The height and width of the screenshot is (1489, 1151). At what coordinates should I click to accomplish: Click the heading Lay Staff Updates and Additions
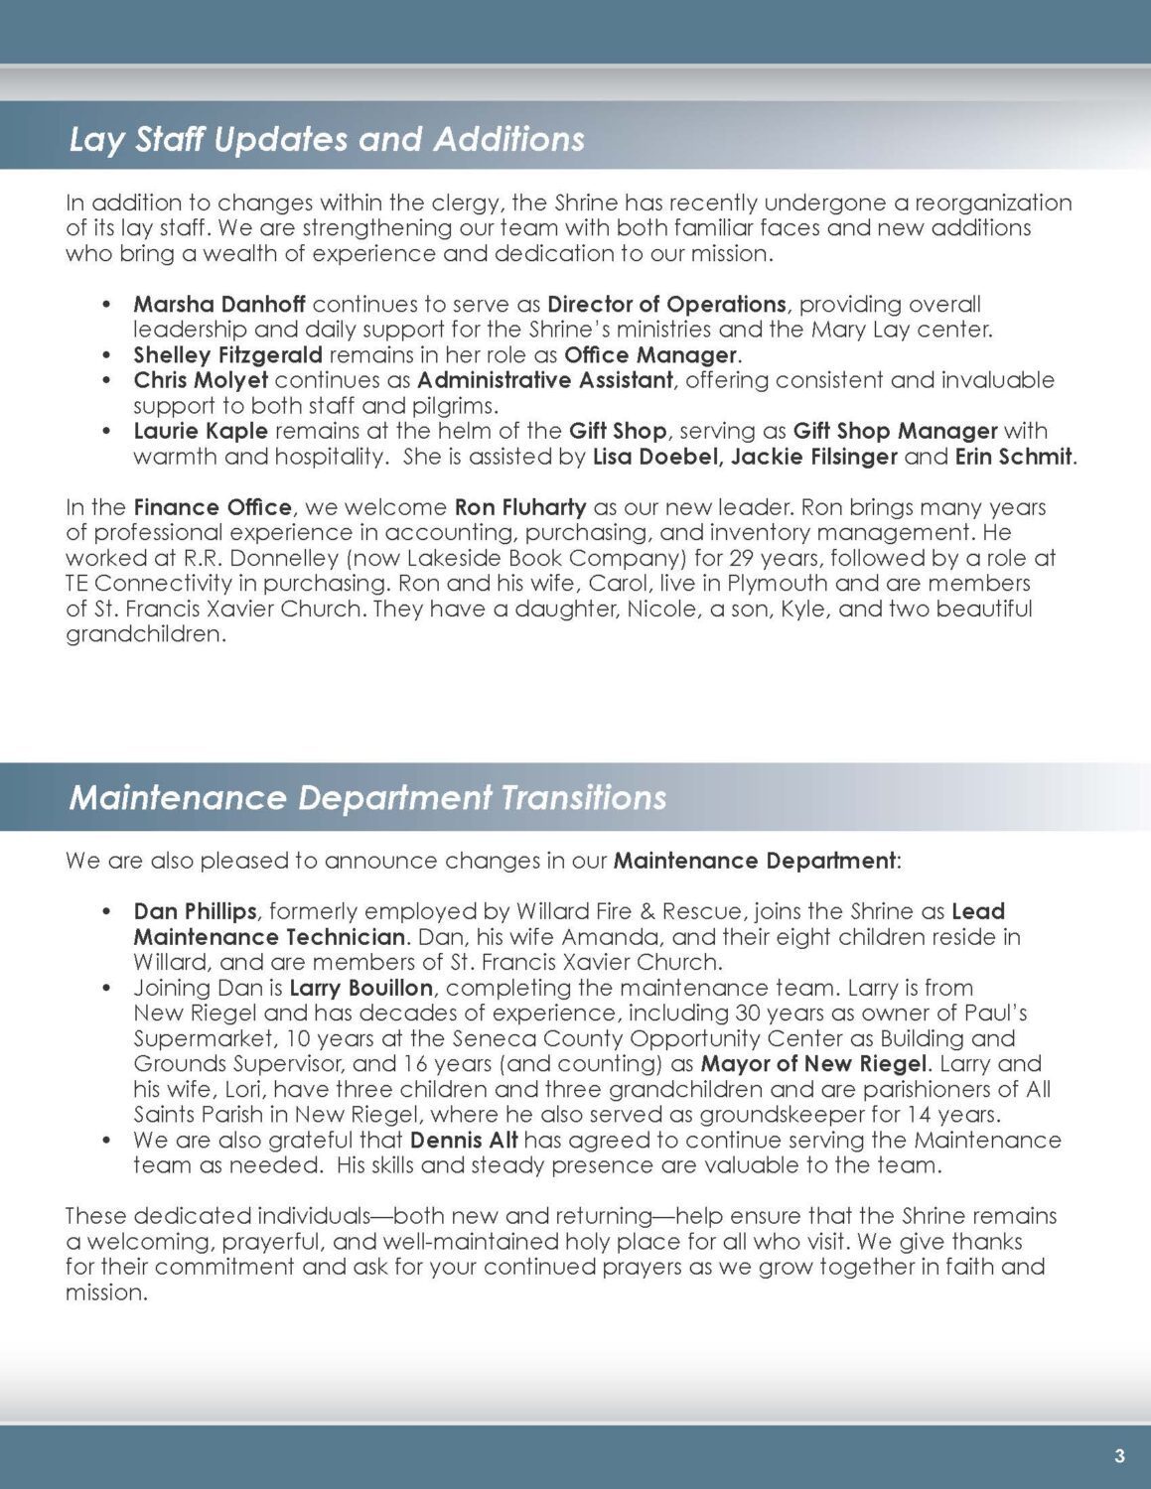pos(327,139)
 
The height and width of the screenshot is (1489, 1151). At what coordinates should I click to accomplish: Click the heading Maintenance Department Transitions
pos(367,798)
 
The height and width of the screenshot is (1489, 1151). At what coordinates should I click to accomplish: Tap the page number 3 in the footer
pos(1119,1457)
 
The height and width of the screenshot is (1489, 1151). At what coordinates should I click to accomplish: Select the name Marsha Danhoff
pos(220,304)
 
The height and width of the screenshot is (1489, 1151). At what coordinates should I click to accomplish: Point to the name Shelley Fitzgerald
pos(227,354)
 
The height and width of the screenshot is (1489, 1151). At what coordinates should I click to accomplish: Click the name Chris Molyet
pos(201,380)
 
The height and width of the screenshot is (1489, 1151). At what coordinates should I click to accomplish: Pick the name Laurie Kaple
pos(201,431)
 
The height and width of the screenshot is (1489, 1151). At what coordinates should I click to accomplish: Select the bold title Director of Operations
pos(666,304)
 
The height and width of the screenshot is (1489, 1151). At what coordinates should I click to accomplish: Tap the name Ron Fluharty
pos(520,507)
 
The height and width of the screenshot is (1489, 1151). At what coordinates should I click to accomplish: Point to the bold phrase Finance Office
pos(213,507)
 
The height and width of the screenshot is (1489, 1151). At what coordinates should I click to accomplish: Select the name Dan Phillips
pos(195,911)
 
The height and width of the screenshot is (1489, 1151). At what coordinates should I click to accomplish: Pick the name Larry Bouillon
pos(360,988)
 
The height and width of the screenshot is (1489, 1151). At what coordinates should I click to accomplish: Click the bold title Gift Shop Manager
pos(895,431)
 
